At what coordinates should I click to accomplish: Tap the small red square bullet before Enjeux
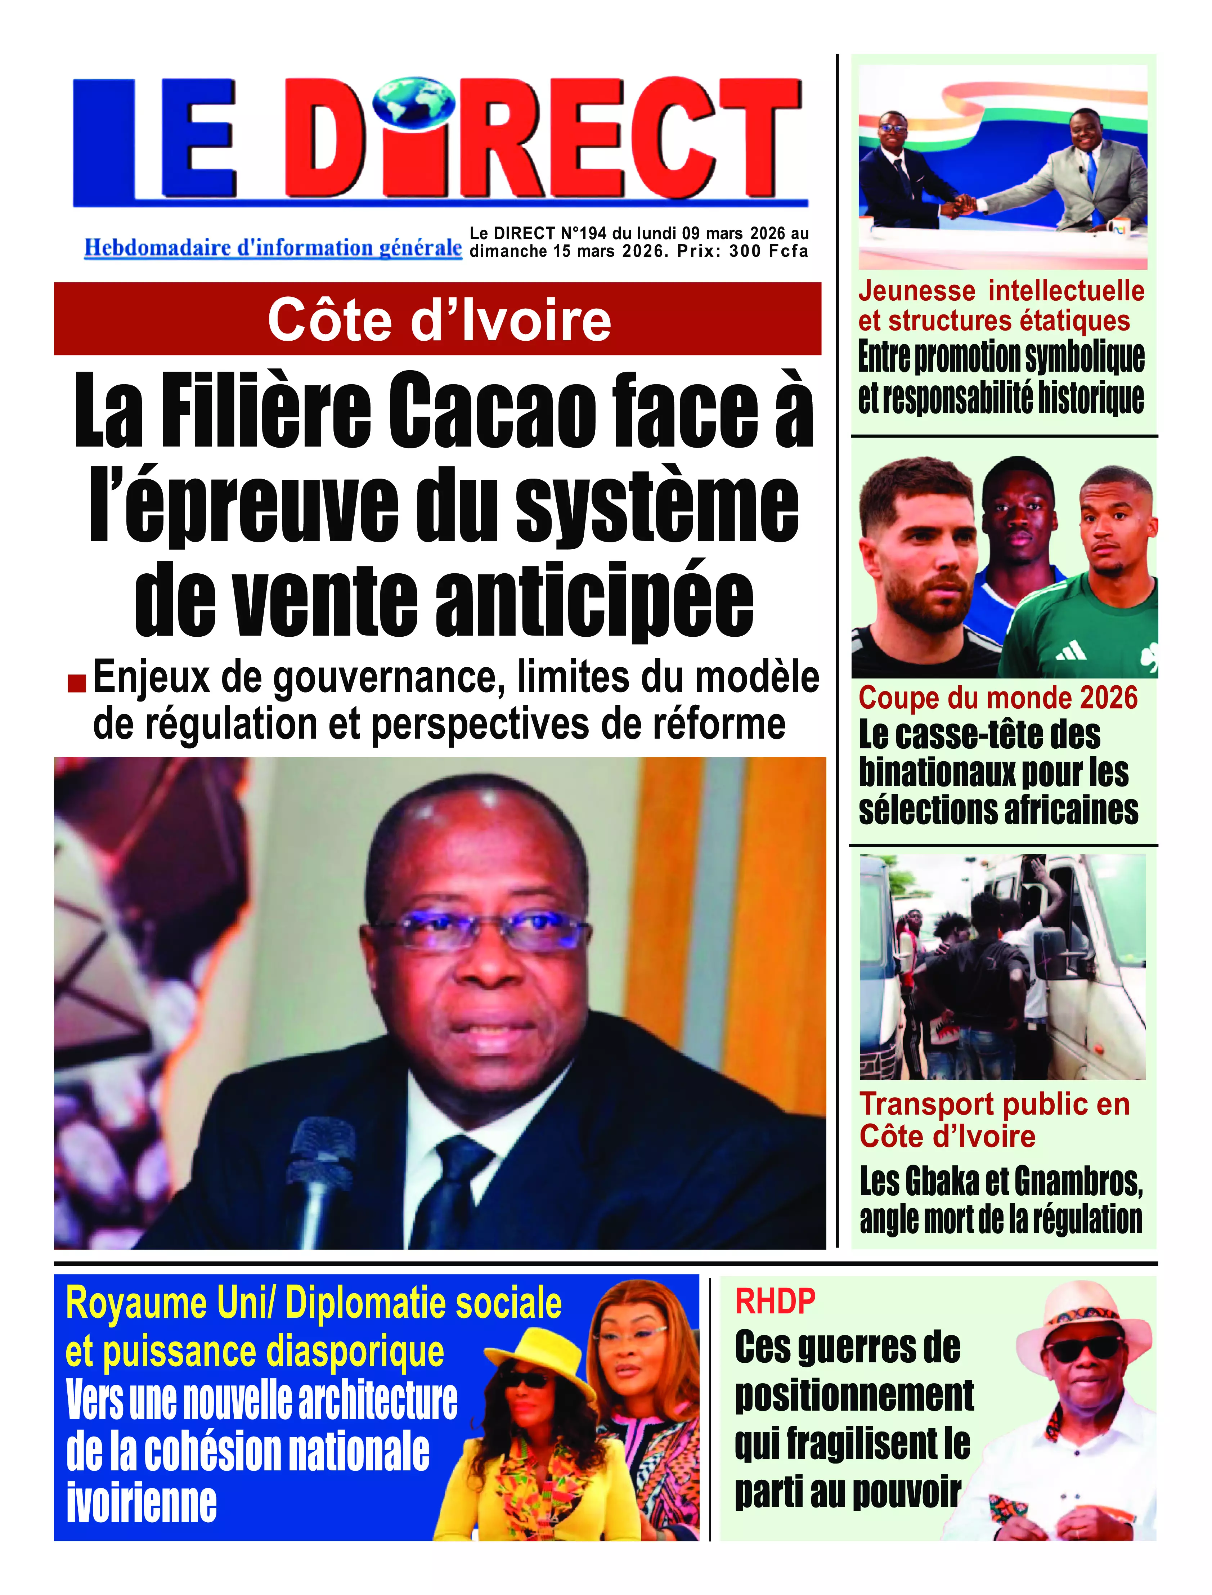click(x=76, y=682)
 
